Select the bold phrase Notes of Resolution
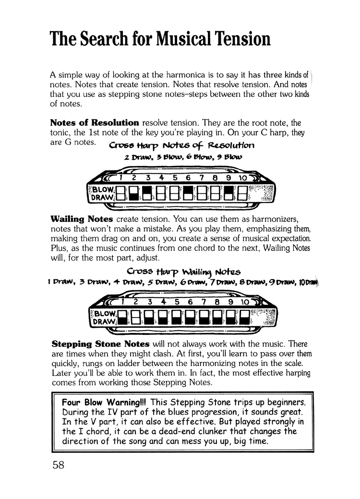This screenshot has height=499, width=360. [x=95, y=122]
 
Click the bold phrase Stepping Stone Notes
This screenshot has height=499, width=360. [x=100, y=344]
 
